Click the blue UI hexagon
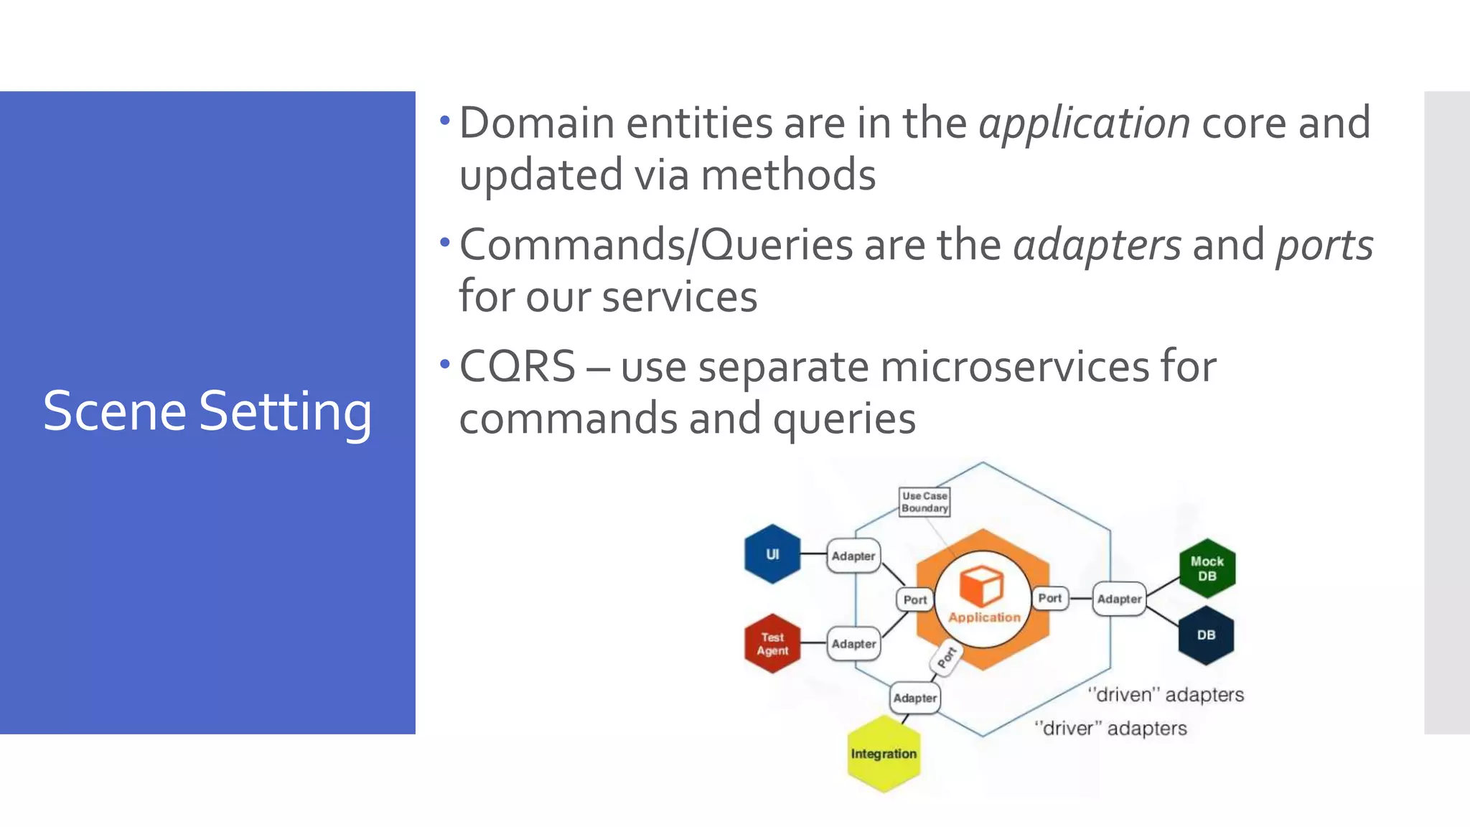(x=772, y=554)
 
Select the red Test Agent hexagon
(x=772, y=644)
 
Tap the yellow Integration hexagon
(x=884, y=754)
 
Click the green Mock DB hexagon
(x=1207, y=569)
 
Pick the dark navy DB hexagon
(x=1206, y=635)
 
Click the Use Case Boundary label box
(x=924, y=502)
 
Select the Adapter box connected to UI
(x=853, y=556)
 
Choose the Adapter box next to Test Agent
(x=853, y=644)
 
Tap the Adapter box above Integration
(x=914, y=698)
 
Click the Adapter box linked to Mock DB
(x=1119, y=599)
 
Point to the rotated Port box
(x=947, y=656)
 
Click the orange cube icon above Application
(x=981, y=586)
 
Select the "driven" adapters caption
(x=1166, y=695)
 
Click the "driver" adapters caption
(x=1110, y=729)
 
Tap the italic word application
(x=1085, y=123)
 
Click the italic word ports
(x=1324, y=246)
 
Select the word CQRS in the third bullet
(x=518, y=367)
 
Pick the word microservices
(x=1015, y=367)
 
